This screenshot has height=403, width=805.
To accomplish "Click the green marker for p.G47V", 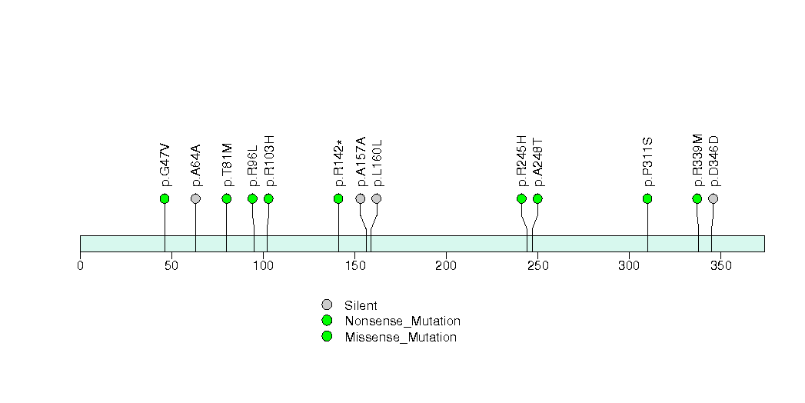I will (x=165, y=198).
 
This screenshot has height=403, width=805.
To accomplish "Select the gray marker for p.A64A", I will (x=195, y=198).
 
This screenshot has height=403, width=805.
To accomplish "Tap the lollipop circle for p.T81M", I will (x=227, y=198).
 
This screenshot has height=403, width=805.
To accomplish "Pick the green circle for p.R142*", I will (x=338, y=198).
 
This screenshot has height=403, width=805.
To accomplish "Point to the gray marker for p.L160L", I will (x=377, y=198).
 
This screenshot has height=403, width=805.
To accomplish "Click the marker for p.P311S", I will (x=647, y=198).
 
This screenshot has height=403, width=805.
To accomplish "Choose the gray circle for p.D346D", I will (x=714, y=198).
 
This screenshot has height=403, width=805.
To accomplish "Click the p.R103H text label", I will (x=269, y=161).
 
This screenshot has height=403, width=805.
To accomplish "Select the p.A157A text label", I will (x=361, y=162).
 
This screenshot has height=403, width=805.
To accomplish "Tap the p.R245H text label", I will (x=521, y=161).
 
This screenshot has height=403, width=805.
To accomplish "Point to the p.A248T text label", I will (x=537, y=162).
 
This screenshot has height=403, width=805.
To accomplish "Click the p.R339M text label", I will (x=697, y=161).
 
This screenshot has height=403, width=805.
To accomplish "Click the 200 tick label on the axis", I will (x=446, y=265).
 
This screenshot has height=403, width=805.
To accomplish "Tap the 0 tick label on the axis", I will (x=80, y=265).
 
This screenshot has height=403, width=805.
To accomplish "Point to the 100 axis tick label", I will (x=263, y=265).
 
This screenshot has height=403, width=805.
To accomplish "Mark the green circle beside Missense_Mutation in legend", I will (x=327, y=337).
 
